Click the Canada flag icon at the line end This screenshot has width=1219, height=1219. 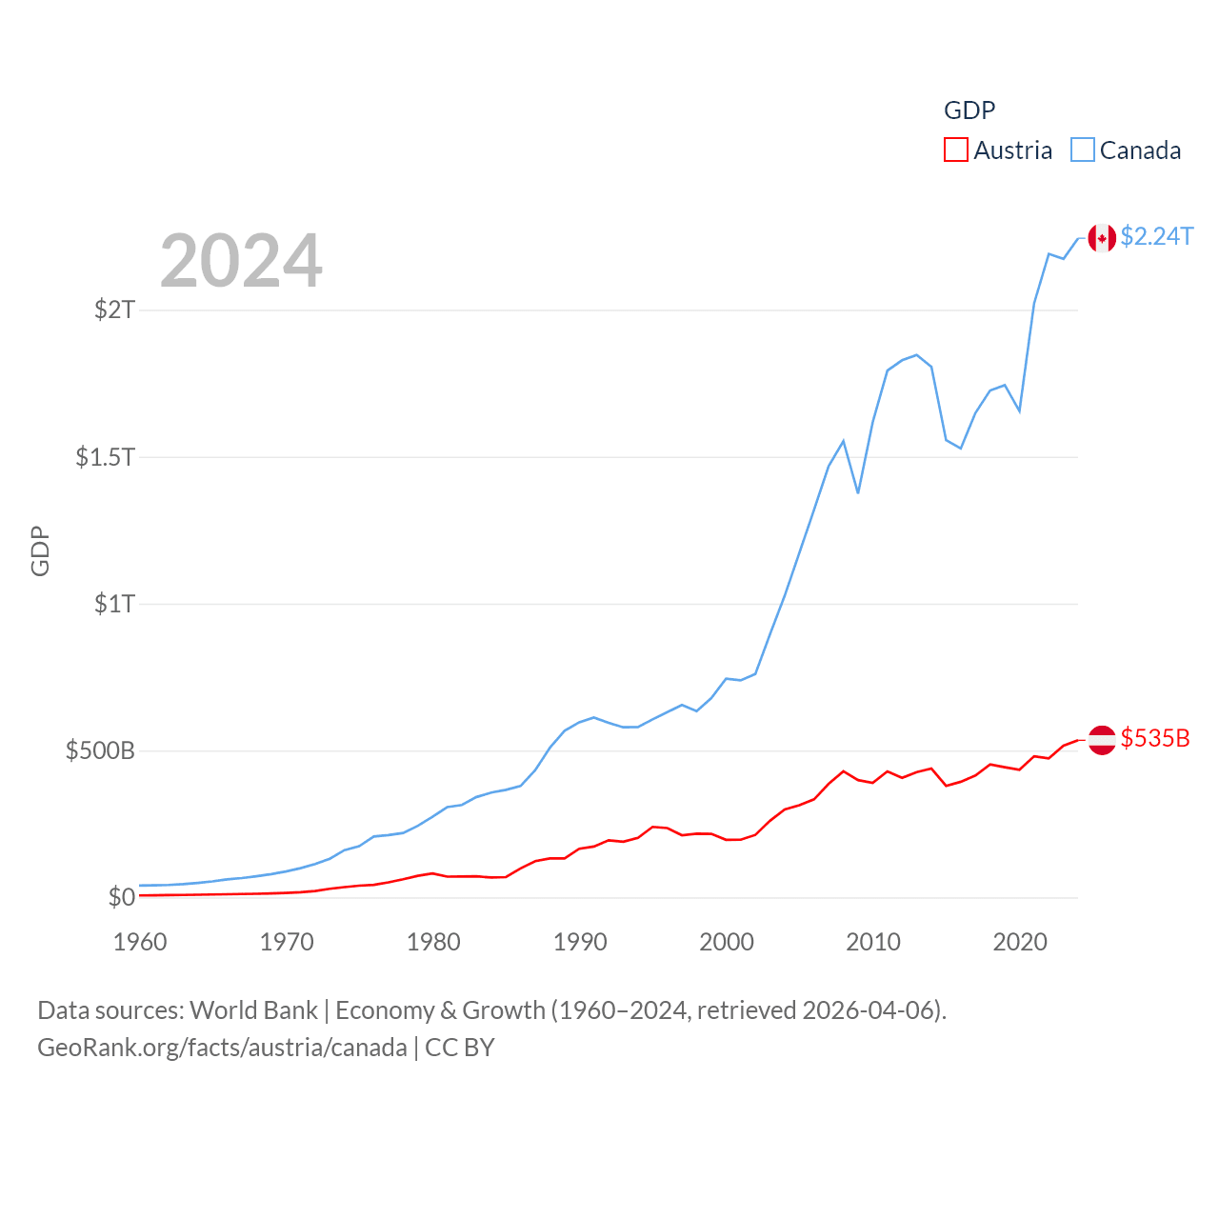point(1102,238)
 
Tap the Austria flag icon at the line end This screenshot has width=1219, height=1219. point(1102,740)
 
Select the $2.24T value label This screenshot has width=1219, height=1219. point(1156,236)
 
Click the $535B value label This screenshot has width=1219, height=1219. point(1154,738)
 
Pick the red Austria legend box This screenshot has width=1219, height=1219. point(956,150)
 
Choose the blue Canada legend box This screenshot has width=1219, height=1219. point(1083,150)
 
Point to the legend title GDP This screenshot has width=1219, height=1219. point(969,110)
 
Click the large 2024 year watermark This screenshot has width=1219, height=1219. point(241,261)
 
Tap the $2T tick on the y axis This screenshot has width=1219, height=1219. point(115,310)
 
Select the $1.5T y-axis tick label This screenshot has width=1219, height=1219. point(106,457)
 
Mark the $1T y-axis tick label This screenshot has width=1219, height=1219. point(115,604)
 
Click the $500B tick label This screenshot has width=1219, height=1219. point(100,750)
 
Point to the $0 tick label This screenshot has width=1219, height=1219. point(122,897)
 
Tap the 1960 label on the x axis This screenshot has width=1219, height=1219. point(140,942)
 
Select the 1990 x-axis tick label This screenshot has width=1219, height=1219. point(580,942)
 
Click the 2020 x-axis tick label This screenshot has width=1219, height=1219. point(1020,942)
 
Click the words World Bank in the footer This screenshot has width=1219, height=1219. point(253,1009)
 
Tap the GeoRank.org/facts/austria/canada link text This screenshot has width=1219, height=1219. point(222,1048)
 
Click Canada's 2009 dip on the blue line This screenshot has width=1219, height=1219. point(858,492)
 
